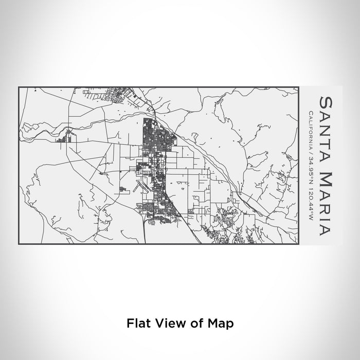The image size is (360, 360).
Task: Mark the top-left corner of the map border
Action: (19, 87)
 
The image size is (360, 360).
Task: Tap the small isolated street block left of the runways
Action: (124, 190)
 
